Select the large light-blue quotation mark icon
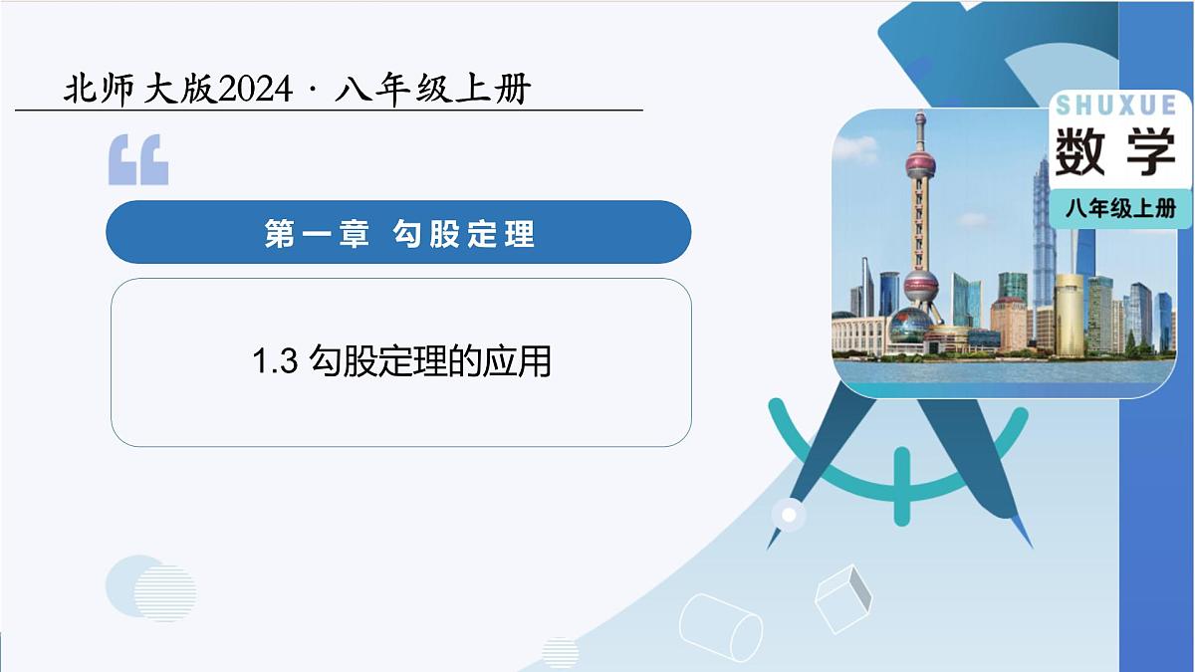(x=138, y=160)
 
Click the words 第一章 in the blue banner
(x=317, y=233)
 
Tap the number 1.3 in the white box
(x=276, y=361)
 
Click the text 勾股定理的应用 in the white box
(x=430, y=361)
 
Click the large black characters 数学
(x=1115, y=152)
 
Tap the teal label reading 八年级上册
(x=1120, y=209)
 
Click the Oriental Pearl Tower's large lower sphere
(x=921, y=288)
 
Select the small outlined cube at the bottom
(x=842, y=597)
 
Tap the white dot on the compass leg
(x=790, y=515)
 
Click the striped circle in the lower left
(x=164, y=593)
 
